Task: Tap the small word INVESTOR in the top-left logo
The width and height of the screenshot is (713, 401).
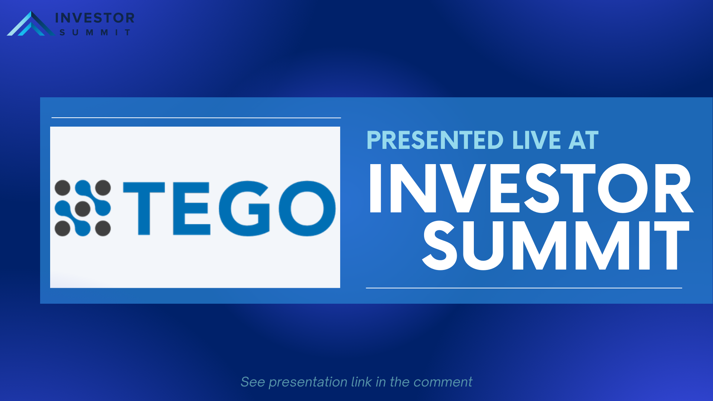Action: [x=95, y=18]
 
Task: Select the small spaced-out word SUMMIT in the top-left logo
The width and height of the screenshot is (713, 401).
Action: [x=95, y=33]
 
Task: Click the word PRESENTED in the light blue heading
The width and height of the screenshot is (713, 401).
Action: [x=435, y=140]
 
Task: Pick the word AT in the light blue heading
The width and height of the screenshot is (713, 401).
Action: [x=583, y=140]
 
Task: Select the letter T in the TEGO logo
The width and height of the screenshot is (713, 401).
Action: [x=144, y=208]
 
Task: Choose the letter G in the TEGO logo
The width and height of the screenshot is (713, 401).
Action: [x=244, y=208]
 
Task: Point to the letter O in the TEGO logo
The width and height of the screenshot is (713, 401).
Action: [x=307, y=208]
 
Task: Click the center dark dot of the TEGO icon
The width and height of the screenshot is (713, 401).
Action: [x=83, y=208]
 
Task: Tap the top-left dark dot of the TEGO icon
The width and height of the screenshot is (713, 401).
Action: [x=62, y=188]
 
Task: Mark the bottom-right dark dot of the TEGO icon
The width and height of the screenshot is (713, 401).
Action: [x=103, y=229]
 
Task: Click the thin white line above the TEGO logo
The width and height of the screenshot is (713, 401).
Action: [x=196, y=118]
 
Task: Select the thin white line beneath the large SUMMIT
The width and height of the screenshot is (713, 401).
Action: [x=524, y=288]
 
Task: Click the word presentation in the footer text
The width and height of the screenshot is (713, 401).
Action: [x=308, y=382]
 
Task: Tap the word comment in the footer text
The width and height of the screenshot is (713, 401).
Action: [x=443, y=382]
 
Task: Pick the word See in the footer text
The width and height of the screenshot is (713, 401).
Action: [x=253, y=382]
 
